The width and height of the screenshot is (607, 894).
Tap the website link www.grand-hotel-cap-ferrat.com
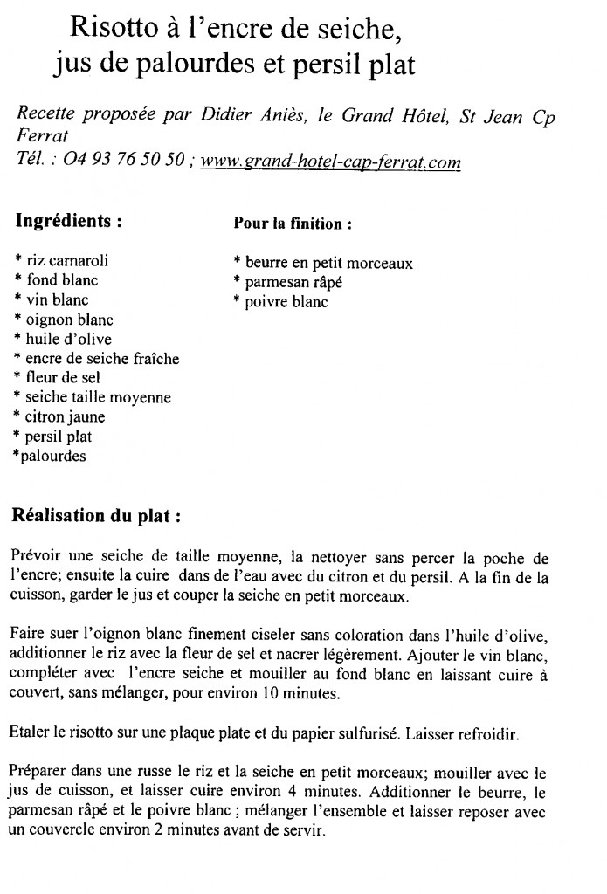(330, 162)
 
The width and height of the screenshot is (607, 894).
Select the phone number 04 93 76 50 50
(124, 162)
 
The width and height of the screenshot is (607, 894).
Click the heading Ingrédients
(68, 221)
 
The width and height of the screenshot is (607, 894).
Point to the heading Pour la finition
(293, 223)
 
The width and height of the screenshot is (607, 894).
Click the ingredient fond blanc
(62, 280)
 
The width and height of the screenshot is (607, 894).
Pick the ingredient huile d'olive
(69, 339)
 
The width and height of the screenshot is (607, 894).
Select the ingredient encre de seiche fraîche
(102, 358)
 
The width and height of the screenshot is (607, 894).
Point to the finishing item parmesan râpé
(293, 282)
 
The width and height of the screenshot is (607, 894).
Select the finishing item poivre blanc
(286, 302)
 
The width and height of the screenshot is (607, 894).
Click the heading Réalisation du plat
(96, 515)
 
